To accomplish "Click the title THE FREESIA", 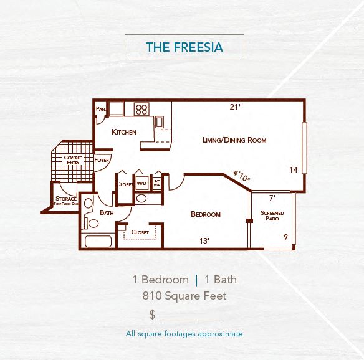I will pos(184,47).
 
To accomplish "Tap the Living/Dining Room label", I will pos(234,140).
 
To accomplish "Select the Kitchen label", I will pos(124,132).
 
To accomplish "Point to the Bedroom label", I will pos(205,214).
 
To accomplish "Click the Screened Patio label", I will pos(272,216).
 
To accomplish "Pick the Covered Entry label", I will pos(73,160).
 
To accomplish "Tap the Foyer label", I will pos(102,160).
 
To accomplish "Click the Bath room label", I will pos(107,212).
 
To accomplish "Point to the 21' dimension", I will pos(234,107).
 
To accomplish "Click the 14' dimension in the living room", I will pos(294,169).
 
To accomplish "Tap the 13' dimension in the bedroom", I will pos(204,240).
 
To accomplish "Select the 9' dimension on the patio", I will pos(286,237).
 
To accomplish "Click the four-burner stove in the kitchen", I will pos(141,110).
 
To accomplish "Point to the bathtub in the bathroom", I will pos(97,242).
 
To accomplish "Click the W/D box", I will pos(141,184).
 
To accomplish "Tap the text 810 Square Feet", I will pos(184,296).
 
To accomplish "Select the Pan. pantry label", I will pos(100,109).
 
